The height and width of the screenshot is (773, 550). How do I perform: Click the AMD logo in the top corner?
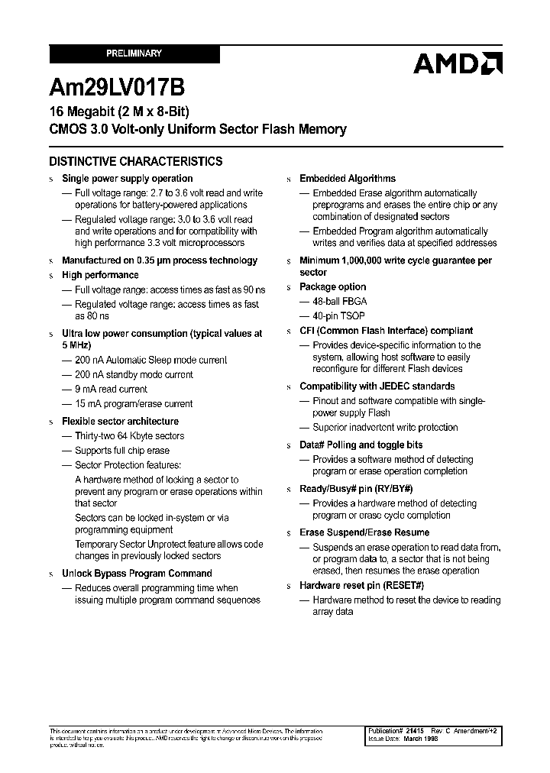click(458, 63)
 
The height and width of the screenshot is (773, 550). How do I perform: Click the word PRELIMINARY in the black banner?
click(134, 53)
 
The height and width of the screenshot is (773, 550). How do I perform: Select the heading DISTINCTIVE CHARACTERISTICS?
click(136, 161)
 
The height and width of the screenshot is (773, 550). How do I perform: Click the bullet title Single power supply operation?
click(127, 179)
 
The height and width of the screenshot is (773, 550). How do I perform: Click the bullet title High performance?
click(100, 275)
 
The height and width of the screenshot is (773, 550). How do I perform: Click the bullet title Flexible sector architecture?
click(120, 422)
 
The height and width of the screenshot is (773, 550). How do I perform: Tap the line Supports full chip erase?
click(122, 451)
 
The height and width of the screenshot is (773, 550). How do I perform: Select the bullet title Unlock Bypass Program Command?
click(137, 574)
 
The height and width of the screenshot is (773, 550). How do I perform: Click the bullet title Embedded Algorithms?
click(348, 179)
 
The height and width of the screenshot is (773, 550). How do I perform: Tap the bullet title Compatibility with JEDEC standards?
click(377, 386)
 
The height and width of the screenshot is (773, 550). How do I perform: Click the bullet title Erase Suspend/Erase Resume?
click(364, 532)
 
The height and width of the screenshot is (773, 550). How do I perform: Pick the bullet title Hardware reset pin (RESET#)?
click(361, 586)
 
